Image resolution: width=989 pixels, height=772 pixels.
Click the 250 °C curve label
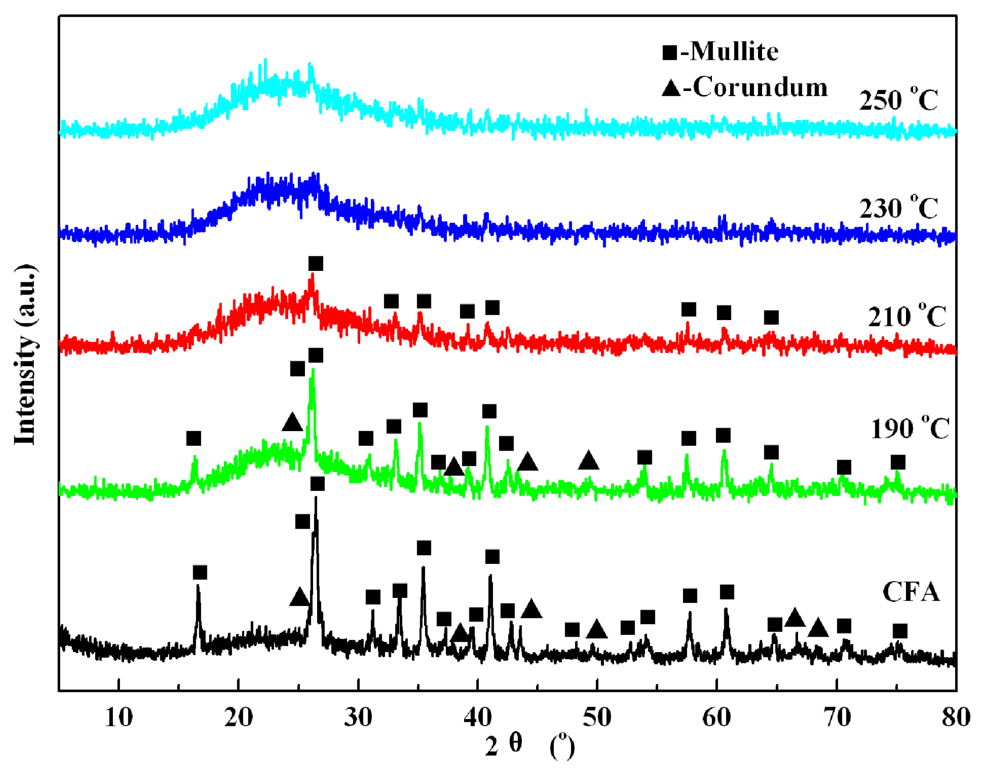coord(898,100)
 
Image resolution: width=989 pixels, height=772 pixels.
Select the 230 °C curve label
coord(898,209)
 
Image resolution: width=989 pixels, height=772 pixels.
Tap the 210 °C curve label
coord(906,317)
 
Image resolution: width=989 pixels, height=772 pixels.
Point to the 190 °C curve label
coord(910,428)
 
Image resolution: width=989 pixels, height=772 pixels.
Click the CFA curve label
coord(911,592)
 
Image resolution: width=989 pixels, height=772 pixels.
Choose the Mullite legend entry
coord(720,51)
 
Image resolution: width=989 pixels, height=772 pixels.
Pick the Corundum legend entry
coord(744,87)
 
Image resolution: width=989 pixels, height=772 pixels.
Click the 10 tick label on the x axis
coord(119,718)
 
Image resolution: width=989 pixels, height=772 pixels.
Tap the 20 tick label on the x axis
coord(238,718)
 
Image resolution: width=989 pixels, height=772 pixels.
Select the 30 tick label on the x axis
coord(358,718)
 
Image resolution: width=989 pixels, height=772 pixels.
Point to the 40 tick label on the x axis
coord(477,718)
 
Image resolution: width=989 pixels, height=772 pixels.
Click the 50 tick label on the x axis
coord(597,718)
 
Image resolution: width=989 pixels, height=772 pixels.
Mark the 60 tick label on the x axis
coord(716,718)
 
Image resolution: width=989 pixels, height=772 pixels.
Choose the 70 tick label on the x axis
coord(836,718)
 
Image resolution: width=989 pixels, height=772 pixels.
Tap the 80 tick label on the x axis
coord(956,718)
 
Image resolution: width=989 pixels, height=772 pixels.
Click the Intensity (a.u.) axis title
coord(25,355)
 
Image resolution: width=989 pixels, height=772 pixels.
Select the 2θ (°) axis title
coord(530,746)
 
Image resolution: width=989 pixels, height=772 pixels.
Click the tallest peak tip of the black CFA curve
coord(316,498)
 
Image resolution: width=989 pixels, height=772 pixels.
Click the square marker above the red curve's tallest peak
coord(316,264)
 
